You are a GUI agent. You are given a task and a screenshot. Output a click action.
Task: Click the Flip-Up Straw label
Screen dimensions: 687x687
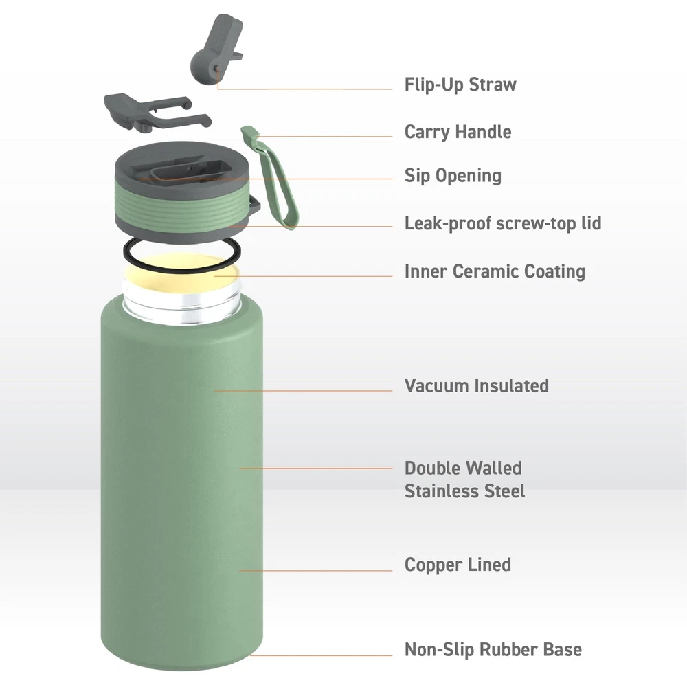[460, 85]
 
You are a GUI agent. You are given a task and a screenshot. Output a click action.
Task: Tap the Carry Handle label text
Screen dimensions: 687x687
[458, 132]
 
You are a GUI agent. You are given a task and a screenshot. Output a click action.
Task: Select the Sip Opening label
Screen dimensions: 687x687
[453, 176]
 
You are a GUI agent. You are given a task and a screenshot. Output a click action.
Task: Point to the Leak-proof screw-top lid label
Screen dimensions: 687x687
[503, 223]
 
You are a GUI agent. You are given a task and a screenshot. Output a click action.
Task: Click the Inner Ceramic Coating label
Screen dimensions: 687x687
[495, 271]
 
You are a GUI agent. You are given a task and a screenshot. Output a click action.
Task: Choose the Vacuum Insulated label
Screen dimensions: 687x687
[477, 385]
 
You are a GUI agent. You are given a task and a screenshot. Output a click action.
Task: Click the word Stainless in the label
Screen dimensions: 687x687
[443, 491]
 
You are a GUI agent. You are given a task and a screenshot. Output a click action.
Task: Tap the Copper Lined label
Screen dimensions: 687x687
[458, 565]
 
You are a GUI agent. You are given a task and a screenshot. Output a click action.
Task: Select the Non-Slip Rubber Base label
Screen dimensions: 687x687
[493, 650]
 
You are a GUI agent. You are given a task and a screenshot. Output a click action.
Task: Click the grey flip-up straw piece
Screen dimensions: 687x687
[216, 49]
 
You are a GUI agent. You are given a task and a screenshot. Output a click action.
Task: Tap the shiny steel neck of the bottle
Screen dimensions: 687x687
[181, 306]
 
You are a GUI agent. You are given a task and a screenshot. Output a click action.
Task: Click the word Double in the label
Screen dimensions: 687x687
[432, 469]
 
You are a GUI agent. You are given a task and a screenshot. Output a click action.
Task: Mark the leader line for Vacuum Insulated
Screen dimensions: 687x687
[303, 390]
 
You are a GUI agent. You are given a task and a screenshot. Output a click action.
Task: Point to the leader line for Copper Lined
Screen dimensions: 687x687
[315, 570]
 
